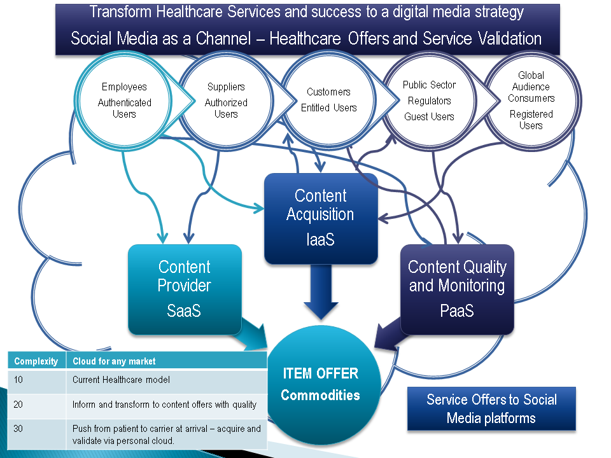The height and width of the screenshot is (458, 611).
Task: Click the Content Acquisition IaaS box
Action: [x=321, y=218]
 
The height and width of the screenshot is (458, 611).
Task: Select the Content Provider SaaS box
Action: [x=185, y=289]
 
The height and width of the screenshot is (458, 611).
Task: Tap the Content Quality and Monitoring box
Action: [x=457, y=289]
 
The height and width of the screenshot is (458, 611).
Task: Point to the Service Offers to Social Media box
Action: [x=491, y=408]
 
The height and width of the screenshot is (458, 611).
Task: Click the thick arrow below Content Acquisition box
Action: [x=321, y=292]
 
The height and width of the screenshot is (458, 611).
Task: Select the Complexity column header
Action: [x=37, y=361]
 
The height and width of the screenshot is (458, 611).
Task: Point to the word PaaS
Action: [x=457, y=311]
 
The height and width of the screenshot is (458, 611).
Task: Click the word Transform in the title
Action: [x=120, y=11]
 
